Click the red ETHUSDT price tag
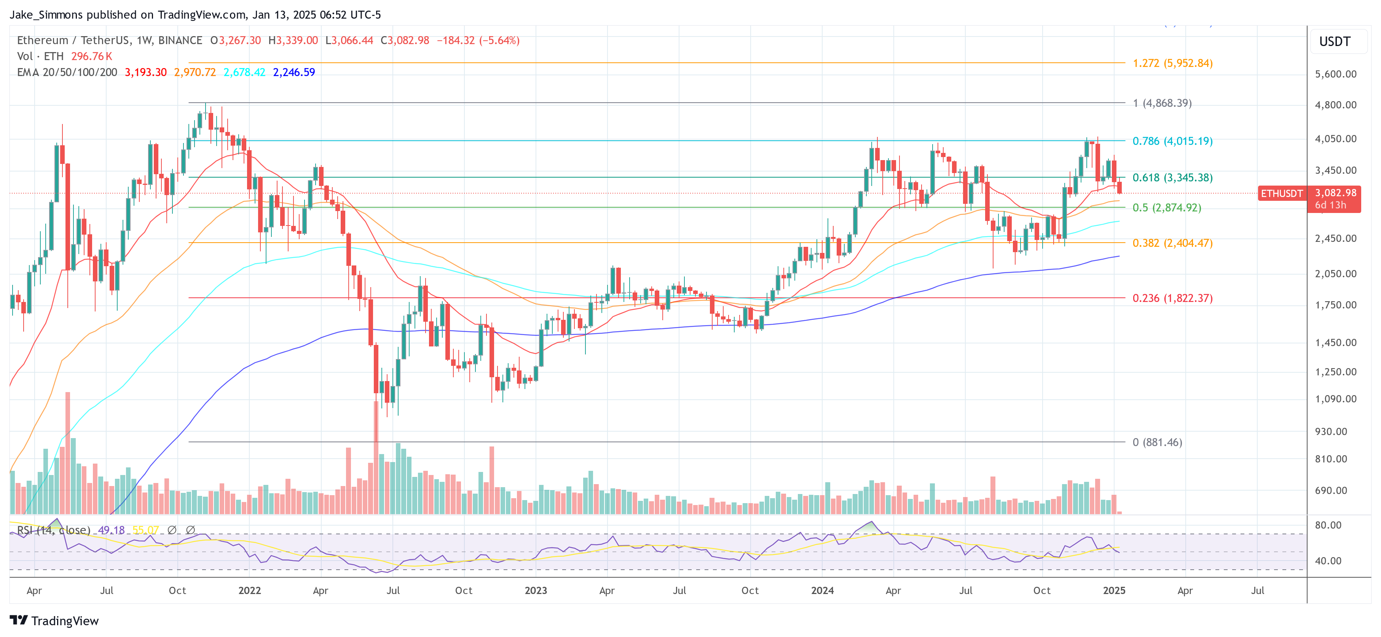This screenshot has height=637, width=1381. [1281, 194]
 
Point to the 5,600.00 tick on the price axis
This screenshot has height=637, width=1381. [1335, 74]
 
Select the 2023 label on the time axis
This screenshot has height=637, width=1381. [536, 590]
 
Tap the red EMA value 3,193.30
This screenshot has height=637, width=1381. [145, 72]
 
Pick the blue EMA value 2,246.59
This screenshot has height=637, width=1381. [294, 72]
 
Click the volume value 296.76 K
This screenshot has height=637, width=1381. [92, 56]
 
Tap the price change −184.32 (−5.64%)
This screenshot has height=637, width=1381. [478, 40]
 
